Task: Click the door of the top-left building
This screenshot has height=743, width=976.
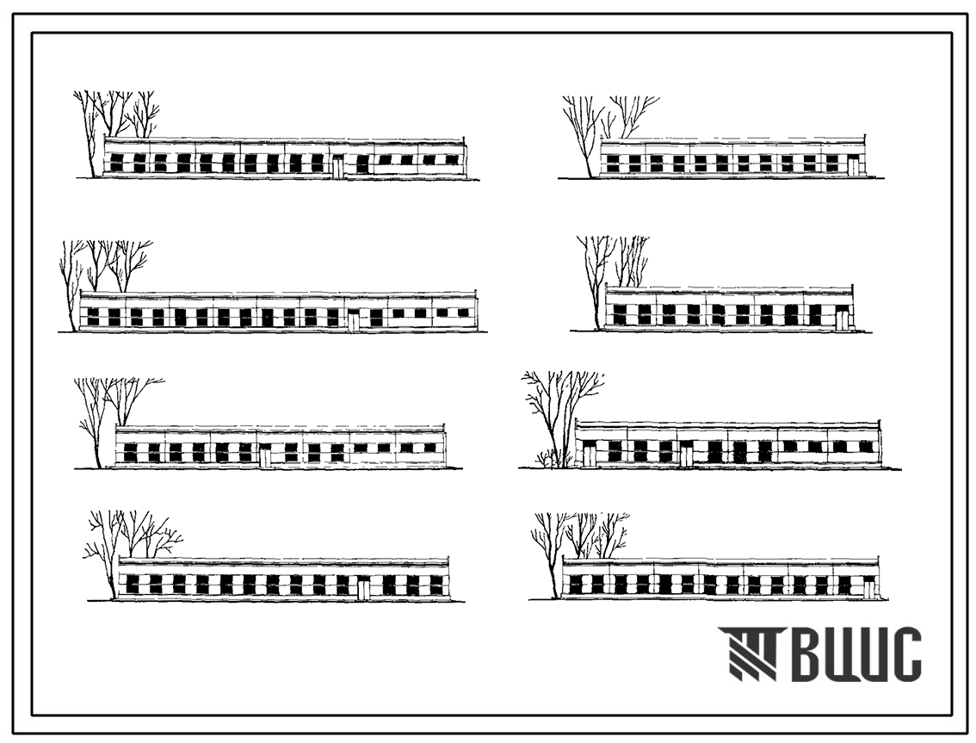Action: [x=338, y=167]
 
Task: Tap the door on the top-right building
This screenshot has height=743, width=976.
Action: [x=853, y=165]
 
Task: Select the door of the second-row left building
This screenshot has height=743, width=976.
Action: [x=353, y=319]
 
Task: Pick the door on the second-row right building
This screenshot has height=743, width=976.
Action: [x=842, y=321]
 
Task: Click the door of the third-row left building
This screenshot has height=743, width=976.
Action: [x=265, y=456]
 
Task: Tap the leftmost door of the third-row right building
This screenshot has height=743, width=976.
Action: [x=588, y=454]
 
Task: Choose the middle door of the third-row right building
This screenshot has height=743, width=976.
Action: [x=686, y=454]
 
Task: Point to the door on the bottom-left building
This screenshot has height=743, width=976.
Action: [x=364, y=587]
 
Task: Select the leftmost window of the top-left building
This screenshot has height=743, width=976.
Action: [x=116, y=163]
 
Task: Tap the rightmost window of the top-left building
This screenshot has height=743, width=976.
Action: [x=451, y=160]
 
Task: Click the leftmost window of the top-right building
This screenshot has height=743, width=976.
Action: [x=613, y=164]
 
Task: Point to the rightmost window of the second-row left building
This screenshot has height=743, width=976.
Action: [x=463, y=313]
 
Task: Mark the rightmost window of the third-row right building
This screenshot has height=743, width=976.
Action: [x=866, y=447]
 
